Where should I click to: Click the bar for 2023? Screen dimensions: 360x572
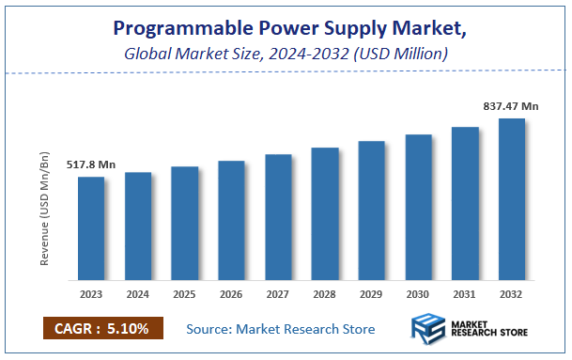91,228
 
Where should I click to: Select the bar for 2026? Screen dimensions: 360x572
231,221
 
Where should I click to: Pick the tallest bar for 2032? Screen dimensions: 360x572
512,199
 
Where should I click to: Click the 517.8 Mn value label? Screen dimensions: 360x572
91,165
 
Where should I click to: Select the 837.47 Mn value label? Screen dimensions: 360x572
512,107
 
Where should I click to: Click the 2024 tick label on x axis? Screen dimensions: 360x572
138,293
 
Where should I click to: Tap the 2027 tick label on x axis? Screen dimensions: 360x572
278,293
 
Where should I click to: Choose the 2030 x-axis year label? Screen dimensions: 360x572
418,293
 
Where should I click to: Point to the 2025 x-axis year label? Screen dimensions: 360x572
184,293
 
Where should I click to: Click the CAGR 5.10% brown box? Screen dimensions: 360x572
102,329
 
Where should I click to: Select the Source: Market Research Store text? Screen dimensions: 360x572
281,329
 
